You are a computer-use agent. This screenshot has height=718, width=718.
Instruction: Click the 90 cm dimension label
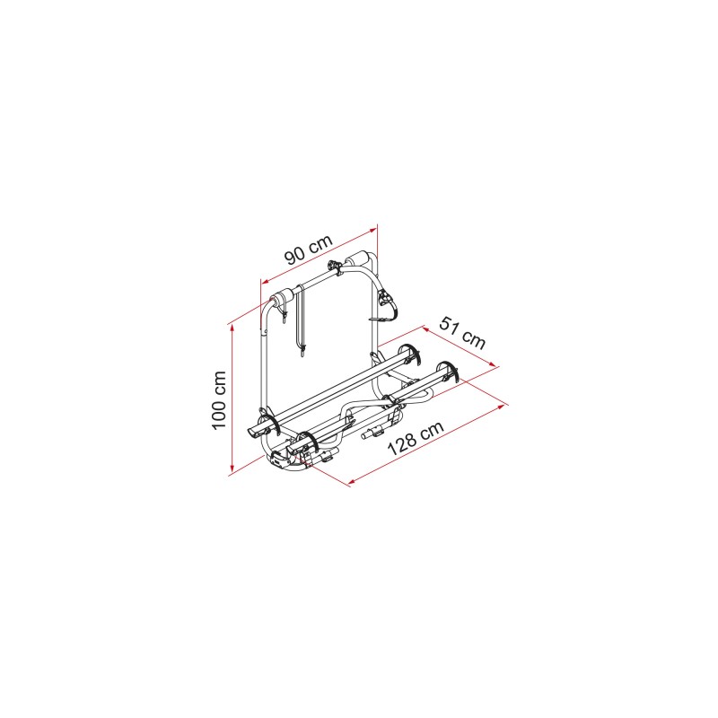[x=308, y=250]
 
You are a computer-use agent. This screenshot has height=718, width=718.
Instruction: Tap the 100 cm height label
[x=219, y=400]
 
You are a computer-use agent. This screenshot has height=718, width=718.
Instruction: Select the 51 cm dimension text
[x=462, y=332]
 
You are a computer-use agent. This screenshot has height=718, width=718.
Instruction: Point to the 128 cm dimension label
[x=416, y=438]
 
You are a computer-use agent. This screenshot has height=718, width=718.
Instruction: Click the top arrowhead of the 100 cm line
[x=232, y=328]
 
